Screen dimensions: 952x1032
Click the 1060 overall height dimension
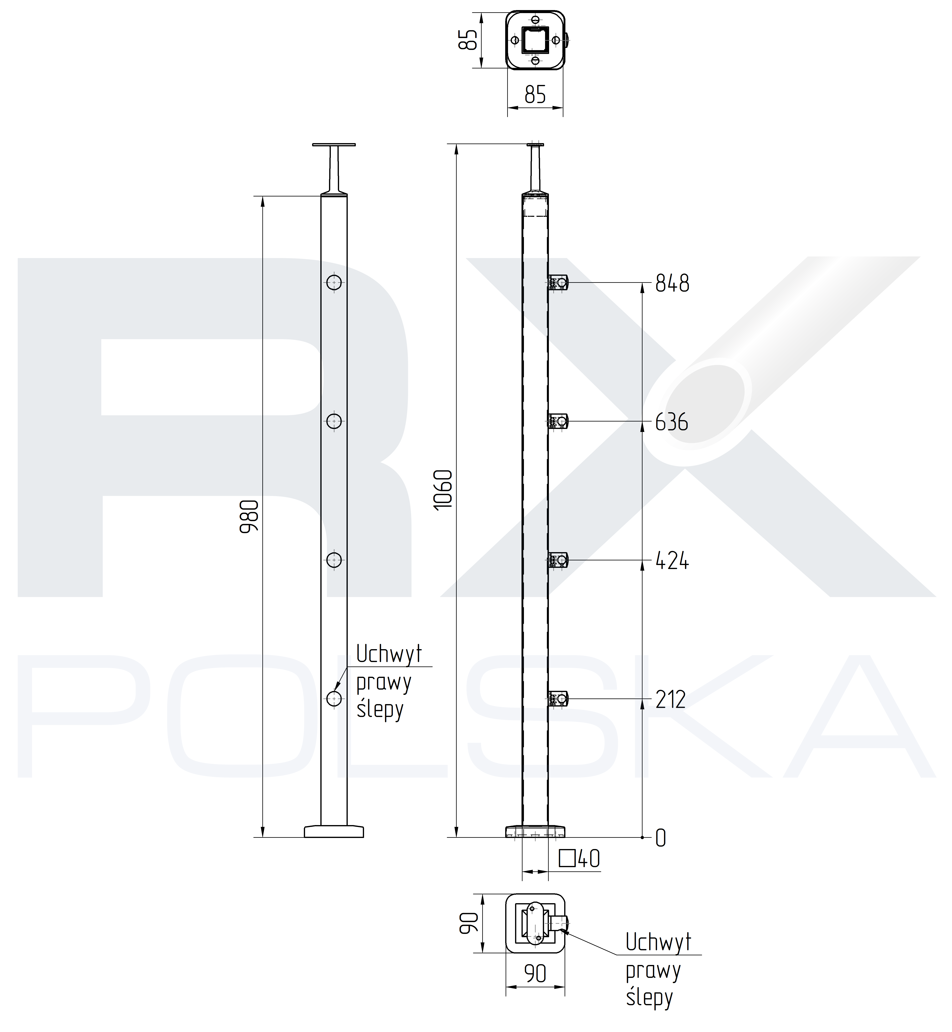[x=443, y=489]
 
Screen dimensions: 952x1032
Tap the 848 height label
[x=672, y=283]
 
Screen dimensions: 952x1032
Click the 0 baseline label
[x=661, y=838]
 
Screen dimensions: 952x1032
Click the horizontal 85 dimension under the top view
[x=535, y=95]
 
